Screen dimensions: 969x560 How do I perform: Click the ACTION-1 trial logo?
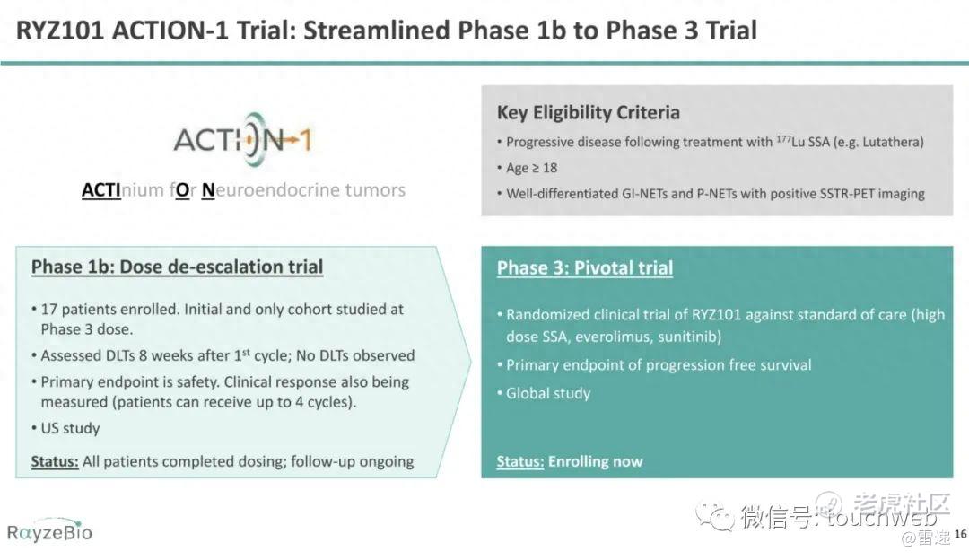pos(243,139)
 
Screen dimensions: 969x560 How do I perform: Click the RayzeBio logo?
pos(49,531)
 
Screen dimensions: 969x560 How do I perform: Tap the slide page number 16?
pos(960,534)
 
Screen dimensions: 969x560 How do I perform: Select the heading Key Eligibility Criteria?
pos(588,112)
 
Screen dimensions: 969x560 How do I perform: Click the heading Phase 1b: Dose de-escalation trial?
pos(177,267)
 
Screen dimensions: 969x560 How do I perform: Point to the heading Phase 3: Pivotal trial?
pos(585,267)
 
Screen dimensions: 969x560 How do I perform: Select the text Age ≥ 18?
pos(531,168)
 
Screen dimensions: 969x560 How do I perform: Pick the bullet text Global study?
pos(548,394)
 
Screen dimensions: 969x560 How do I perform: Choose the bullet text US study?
pos(71,428)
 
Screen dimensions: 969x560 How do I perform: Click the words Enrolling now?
pos(595,461)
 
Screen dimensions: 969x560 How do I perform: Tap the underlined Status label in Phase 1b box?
pos(55,461)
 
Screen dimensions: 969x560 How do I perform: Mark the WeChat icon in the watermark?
pos(716,514)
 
